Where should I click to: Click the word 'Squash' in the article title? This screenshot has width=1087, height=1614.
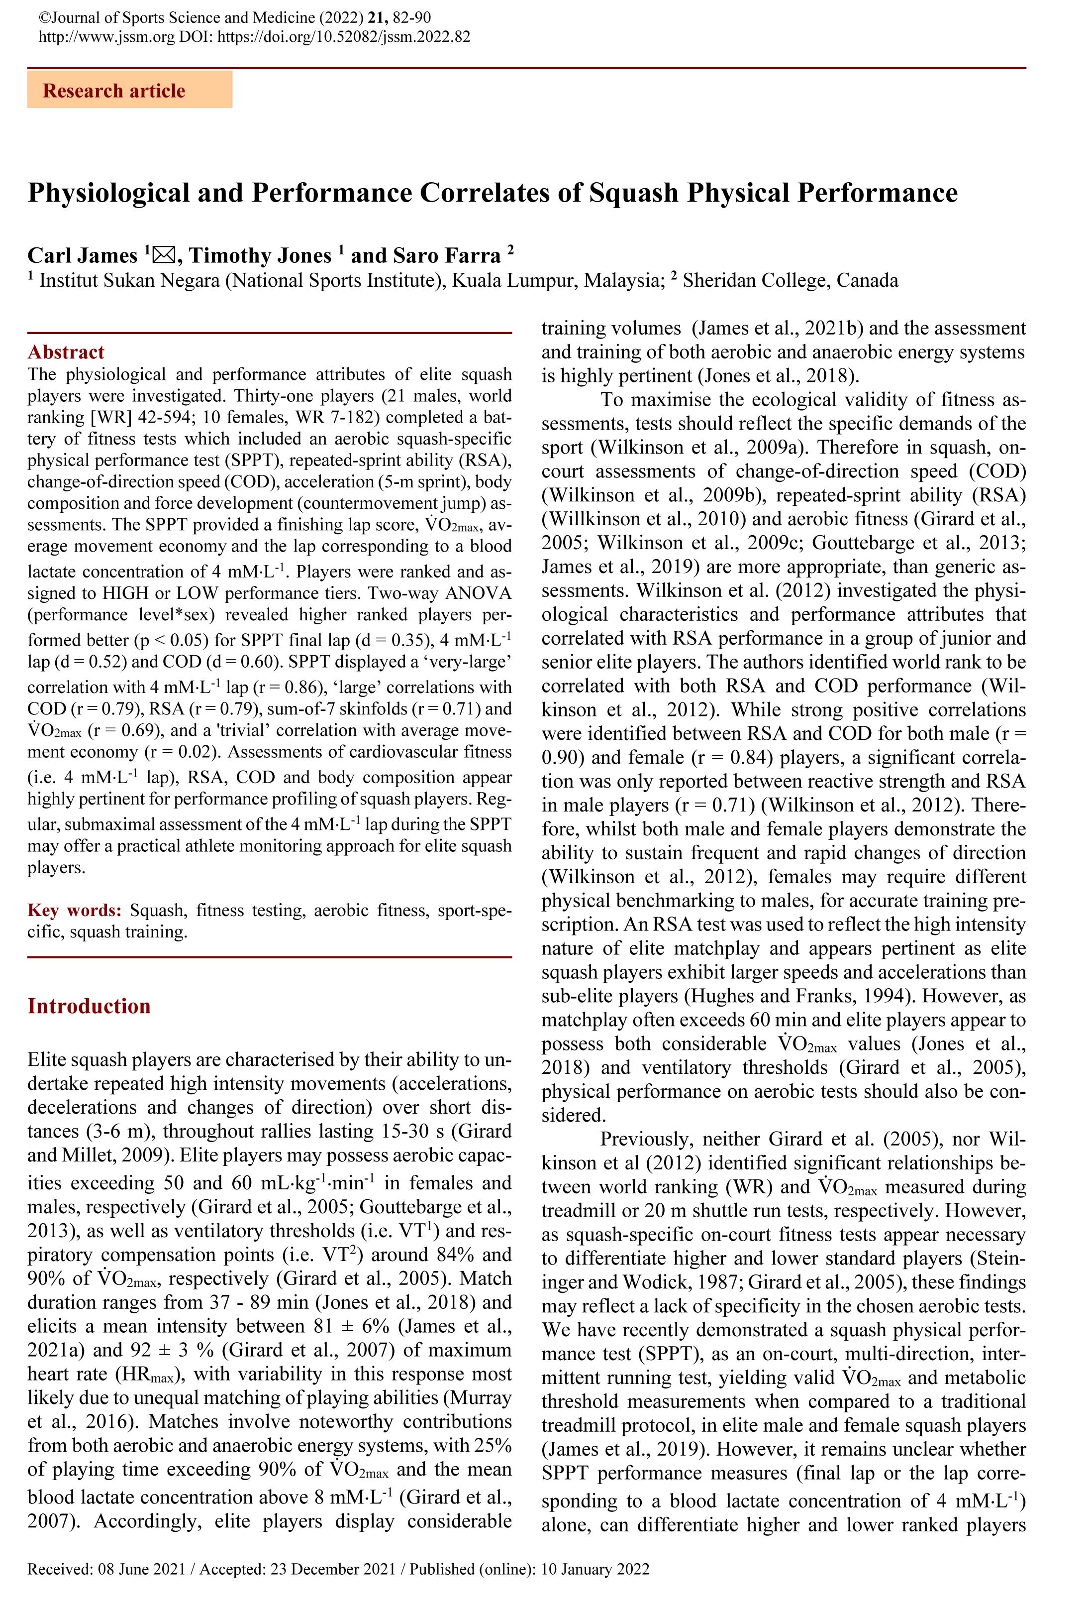pos(633,192)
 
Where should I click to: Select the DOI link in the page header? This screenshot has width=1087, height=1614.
pos(344,37)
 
